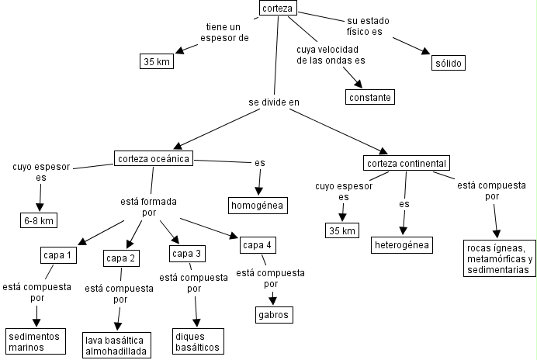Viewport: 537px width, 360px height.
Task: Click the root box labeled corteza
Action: click(277, 9)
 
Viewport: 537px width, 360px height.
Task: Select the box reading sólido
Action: click(447, 62)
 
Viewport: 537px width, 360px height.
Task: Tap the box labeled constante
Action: click(369, 97)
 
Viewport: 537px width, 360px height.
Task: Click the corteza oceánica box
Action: click(152, 159)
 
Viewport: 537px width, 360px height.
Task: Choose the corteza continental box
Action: click(407, 163)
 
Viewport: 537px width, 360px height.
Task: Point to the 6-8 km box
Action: click(38, 220)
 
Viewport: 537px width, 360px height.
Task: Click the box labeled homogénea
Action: click(258, 206)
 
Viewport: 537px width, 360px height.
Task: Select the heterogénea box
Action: click(402, 245)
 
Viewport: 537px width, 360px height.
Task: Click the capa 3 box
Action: click(187, 254)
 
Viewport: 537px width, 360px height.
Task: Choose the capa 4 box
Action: click(257, 246)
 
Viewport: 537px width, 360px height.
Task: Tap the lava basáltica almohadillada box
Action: click(116, 344)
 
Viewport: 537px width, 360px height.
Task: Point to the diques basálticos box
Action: click(197, 341)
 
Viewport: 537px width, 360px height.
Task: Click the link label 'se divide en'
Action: click(273, 102)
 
